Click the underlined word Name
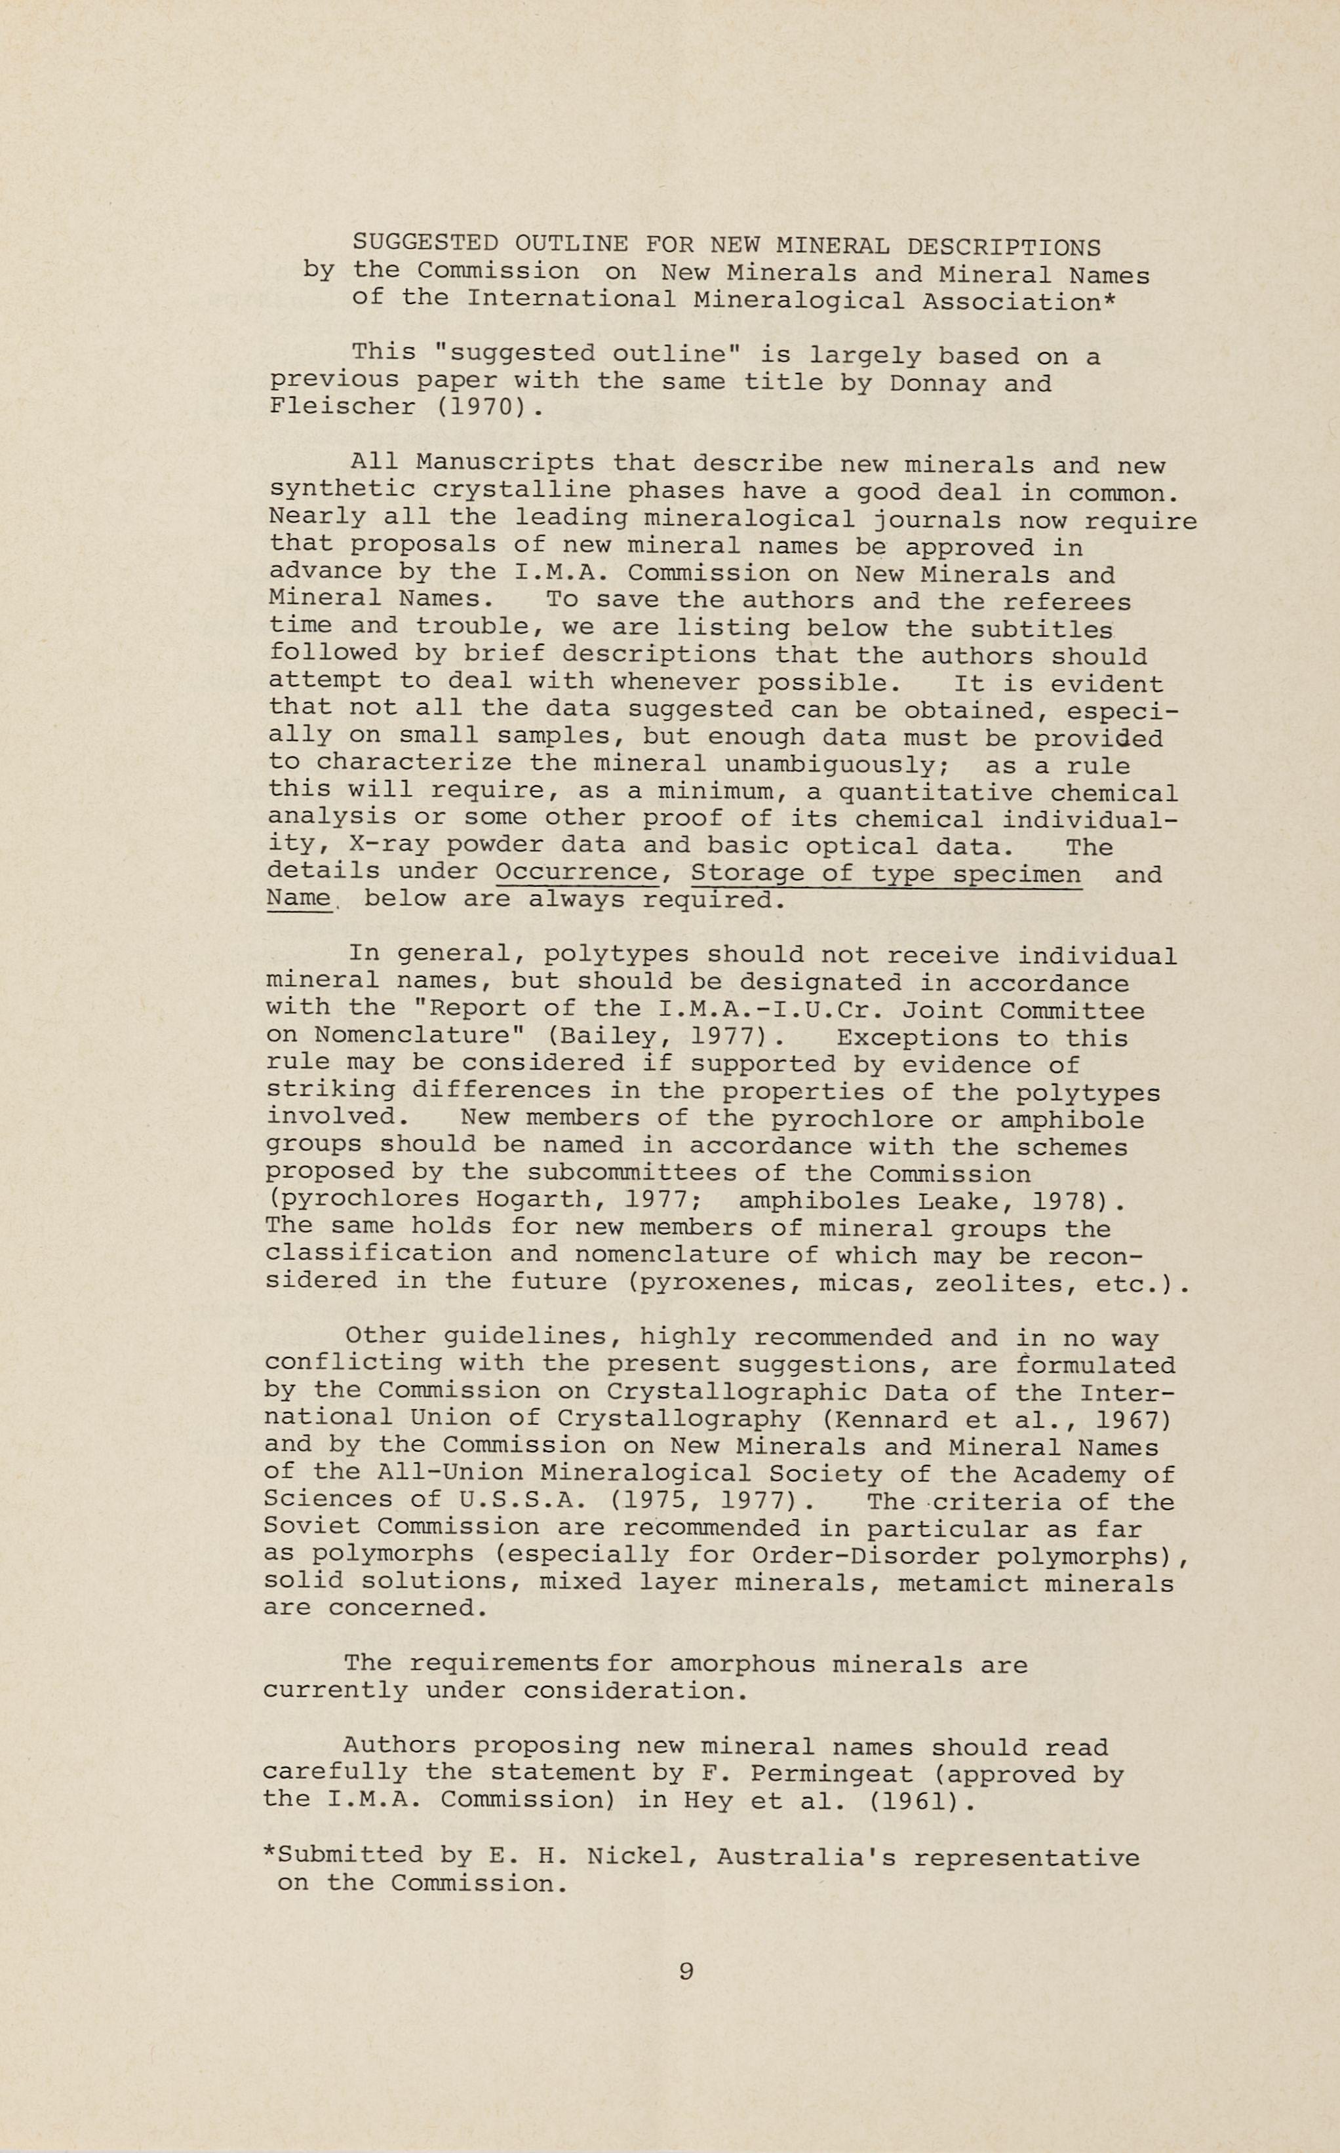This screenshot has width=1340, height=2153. coord(298,899)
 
